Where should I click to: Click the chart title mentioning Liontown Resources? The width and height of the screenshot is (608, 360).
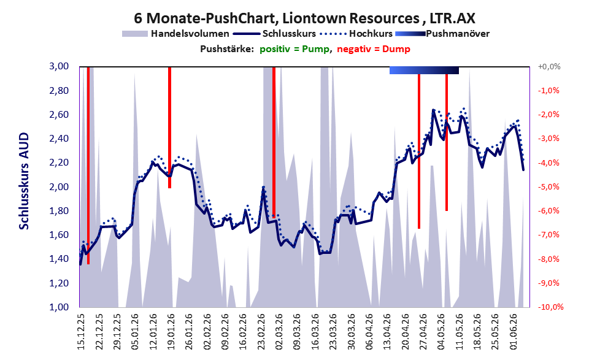coord(304,18)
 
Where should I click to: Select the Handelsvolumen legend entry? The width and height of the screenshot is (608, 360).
coord(175,34)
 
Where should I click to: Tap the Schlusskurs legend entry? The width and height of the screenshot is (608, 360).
coord(274,34)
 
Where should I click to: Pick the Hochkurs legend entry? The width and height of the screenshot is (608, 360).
coord(356,34)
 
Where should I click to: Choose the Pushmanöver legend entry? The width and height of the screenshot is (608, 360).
coord(442,34)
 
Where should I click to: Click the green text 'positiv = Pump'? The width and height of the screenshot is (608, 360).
coord(294,49)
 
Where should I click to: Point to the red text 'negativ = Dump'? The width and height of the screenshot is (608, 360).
coord(374,49)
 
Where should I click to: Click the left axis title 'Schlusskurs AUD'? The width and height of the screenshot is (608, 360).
coord(24,181)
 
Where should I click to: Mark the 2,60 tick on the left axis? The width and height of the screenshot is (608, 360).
coord(59,115)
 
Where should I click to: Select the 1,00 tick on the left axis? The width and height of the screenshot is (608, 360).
coord(59,307)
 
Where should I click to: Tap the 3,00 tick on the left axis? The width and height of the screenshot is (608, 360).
coord(59,66)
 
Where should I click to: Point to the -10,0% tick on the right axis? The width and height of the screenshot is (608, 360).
coord(550,307)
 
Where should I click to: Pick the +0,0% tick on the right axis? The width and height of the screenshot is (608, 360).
coord(549,67)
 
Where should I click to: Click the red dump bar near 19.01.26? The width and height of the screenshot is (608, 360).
coord(169,128)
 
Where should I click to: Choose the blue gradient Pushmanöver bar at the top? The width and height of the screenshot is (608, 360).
coord(424,70)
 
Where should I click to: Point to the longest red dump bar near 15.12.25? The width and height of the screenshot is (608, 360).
coord(88,166)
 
